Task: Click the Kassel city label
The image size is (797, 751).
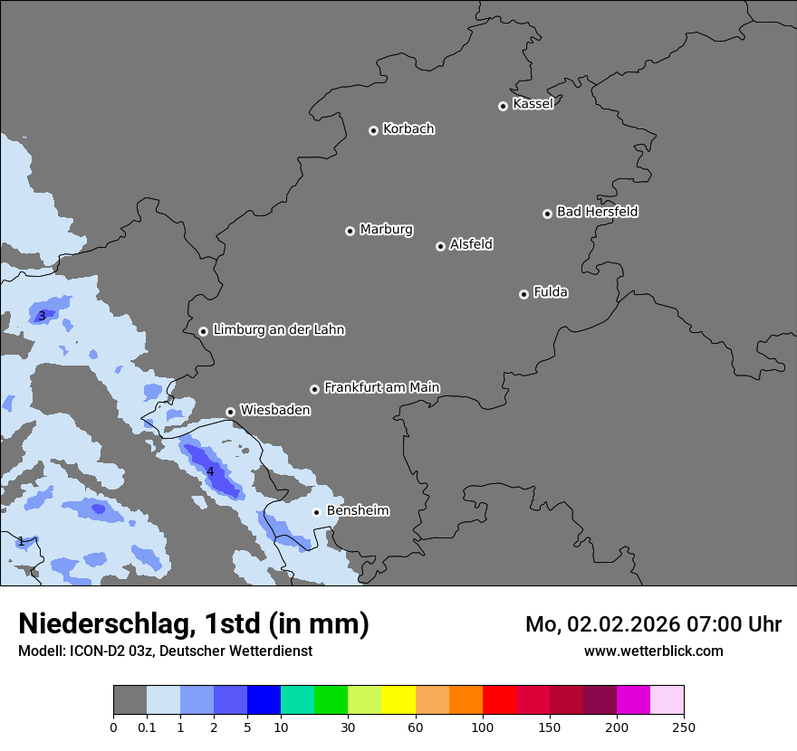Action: tap(533, 104)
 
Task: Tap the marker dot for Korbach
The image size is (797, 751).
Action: tap(373, 130)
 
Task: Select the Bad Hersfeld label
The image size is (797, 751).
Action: tap(597, 212)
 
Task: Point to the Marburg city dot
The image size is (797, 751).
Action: tap(350, 231)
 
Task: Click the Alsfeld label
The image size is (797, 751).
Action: tap(471, 244)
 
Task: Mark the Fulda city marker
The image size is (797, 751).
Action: tap(523, 294)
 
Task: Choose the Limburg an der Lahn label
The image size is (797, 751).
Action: tap(278, 330)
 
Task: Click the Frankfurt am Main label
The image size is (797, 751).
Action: tap(381, 387)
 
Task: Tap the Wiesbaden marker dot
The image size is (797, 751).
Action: tap(231, 412)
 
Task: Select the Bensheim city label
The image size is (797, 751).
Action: tap(358, 510)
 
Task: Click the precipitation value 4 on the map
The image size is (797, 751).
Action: tap(210, 471)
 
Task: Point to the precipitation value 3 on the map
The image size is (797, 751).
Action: tap(42, 316)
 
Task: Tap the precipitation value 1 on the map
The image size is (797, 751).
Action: tap(21, 541)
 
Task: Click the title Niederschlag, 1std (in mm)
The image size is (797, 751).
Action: tap(194, 624)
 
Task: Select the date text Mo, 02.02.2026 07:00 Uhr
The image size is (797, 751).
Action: tap(653, 624)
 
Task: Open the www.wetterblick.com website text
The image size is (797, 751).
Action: tap(653, 651)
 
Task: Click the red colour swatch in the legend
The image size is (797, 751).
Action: tap(499, 700)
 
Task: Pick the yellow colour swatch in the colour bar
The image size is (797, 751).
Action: tap(398, 700)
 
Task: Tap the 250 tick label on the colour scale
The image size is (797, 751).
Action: tap(684, 727)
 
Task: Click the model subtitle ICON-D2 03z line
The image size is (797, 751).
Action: tap(165, 651)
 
